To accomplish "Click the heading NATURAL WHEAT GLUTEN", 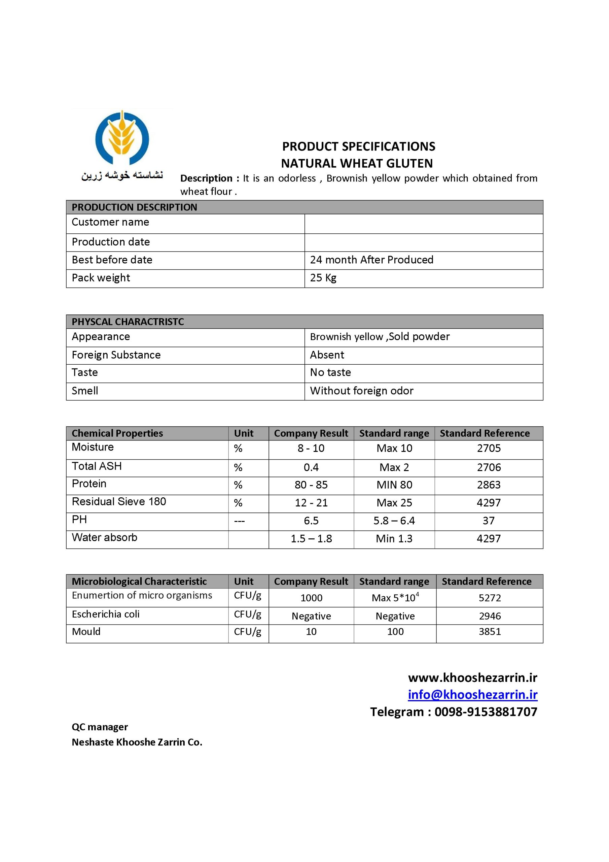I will point(357,163).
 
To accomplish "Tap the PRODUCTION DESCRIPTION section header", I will point(134,207).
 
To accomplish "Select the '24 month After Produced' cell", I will point(371,260).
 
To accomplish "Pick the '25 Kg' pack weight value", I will point(323,278).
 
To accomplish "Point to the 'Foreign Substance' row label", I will point(116,355).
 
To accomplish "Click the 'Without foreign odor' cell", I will point(361,391).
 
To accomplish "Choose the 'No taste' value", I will point(330,372).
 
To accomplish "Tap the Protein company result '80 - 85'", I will point(311,485).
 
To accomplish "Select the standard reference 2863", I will point(489,485).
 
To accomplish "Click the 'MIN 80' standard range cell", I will point(394,485).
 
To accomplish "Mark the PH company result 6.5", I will point(311,521).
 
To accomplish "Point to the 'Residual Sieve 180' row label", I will point(118,502).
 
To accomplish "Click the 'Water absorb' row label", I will point(104,538).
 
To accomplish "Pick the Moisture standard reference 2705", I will point(489,448).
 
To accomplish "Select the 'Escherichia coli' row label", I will point(105,614).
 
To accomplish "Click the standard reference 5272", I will point(490,598).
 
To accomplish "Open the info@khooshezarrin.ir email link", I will point(472,695).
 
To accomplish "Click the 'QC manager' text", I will point(100,727).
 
